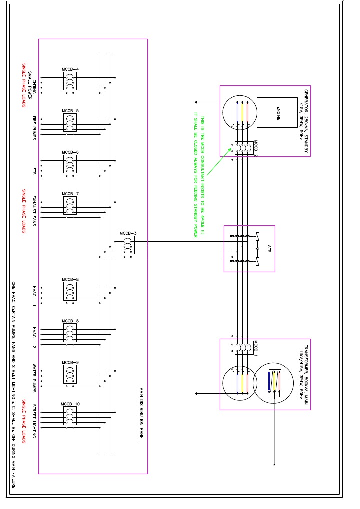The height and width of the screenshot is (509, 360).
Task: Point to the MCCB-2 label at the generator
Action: (255, 149)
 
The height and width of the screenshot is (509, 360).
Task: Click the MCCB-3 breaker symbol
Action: (127, 245)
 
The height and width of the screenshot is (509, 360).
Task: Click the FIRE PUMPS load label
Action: (34, 128)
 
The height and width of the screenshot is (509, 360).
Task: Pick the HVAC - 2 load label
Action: (34, 335)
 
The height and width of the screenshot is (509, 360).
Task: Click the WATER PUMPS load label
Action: (34, 377)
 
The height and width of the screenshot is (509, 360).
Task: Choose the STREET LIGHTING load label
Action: (34, 420)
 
